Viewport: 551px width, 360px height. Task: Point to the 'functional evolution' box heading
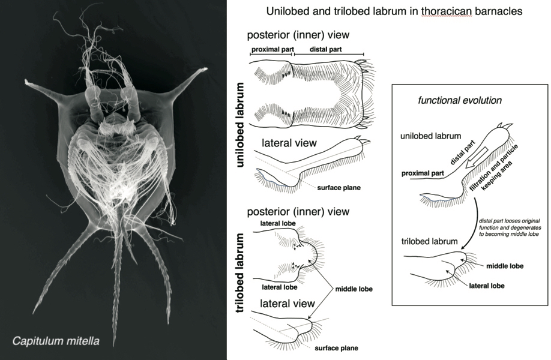pos(451,100)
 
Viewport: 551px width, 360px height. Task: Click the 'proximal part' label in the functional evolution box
pos(420,173)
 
